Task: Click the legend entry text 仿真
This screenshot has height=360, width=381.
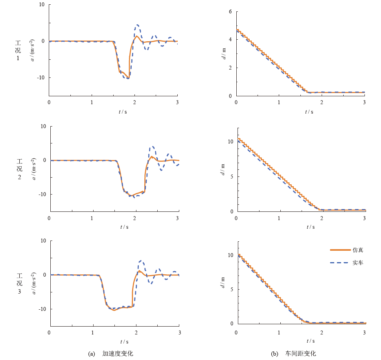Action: point(358,250)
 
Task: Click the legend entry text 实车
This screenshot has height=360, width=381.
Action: point(358,263)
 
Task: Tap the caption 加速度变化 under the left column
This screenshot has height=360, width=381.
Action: point(118,354)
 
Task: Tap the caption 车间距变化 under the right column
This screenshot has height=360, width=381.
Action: point(300,354)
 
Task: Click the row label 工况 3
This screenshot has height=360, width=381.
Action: point(19,283)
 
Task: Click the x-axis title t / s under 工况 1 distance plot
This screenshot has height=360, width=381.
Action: point(309,112)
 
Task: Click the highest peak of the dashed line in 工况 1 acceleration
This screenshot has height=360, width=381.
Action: point(137,25)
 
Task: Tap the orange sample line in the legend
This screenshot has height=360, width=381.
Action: point(339,250)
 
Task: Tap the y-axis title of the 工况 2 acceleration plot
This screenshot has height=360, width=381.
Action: point(34,169)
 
